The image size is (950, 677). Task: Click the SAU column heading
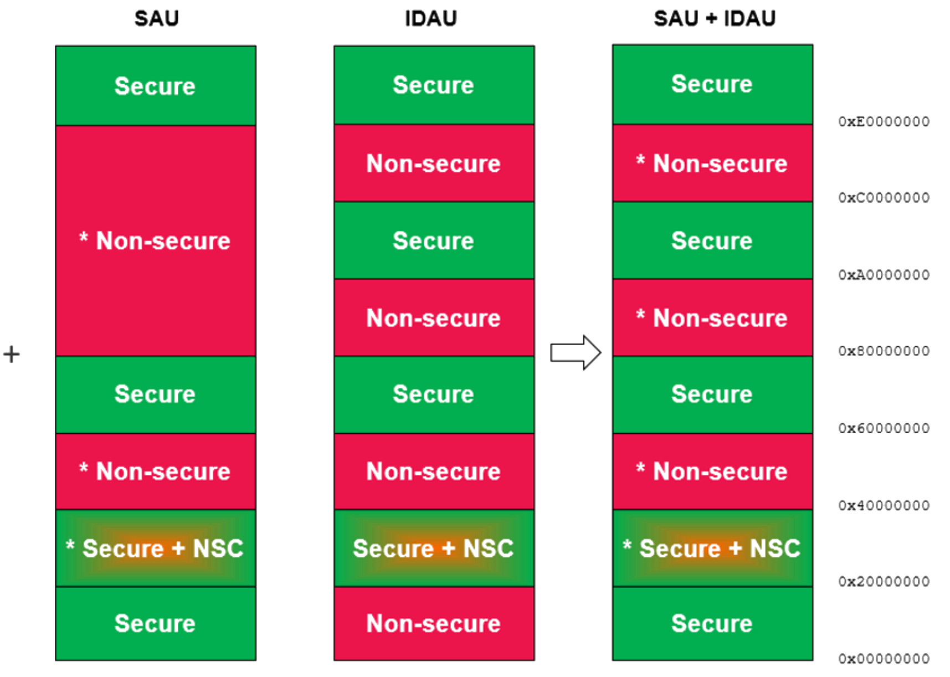156,19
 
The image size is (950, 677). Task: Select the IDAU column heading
431,19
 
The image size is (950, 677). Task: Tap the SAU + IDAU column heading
714,19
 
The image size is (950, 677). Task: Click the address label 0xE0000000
884,121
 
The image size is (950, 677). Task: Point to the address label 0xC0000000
884,197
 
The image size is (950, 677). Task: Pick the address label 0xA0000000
884,275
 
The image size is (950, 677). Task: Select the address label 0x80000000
884,351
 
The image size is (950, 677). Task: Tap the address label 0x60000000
884,428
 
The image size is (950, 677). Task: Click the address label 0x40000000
884,505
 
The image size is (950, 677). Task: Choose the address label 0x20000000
884,581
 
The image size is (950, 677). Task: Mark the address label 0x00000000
884,659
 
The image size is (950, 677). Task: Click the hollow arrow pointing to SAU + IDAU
576,352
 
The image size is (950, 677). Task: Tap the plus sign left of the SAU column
12,354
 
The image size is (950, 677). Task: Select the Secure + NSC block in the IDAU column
434,548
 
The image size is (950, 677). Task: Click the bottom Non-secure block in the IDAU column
434,623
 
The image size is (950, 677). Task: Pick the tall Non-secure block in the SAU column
156,241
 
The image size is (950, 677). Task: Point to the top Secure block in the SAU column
156,86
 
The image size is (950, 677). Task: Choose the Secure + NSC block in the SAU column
156,548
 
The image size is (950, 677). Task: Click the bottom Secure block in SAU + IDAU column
712,623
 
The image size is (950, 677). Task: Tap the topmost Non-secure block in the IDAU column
434,163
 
